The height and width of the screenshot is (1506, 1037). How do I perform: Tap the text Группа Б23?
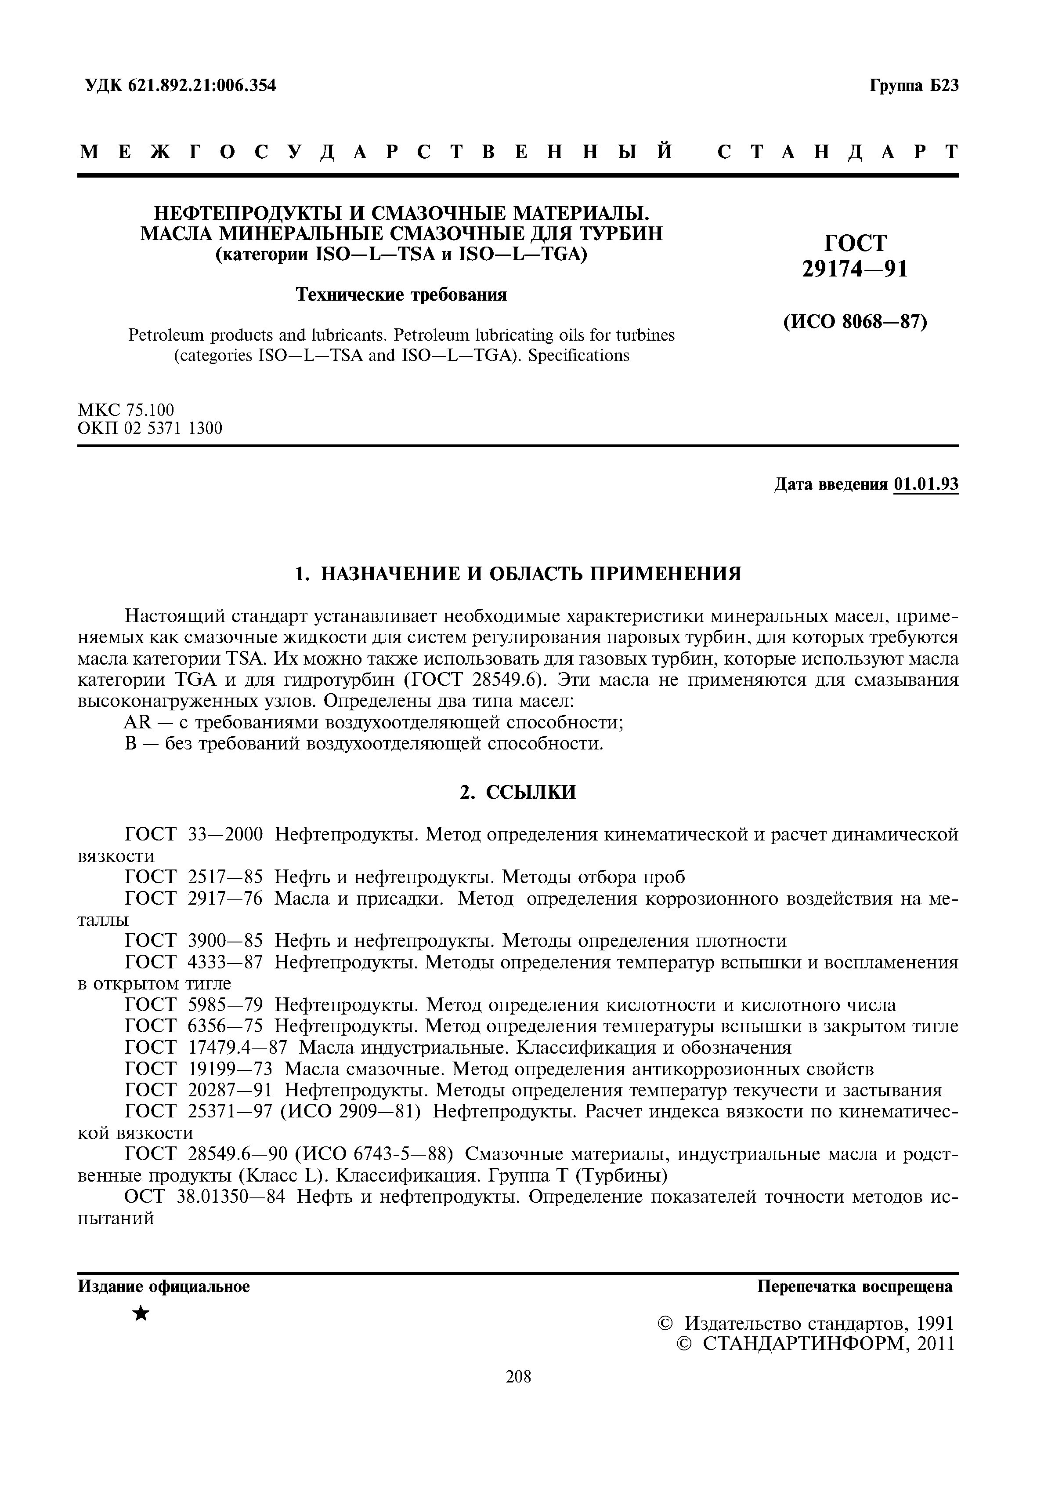(x=914, y=86)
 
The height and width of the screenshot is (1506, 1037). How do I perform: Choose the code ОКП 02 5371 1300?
(x=149, y=429)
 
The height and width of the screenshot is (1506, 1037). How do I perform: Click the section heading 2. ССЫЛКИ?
(x=518, y=793)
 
